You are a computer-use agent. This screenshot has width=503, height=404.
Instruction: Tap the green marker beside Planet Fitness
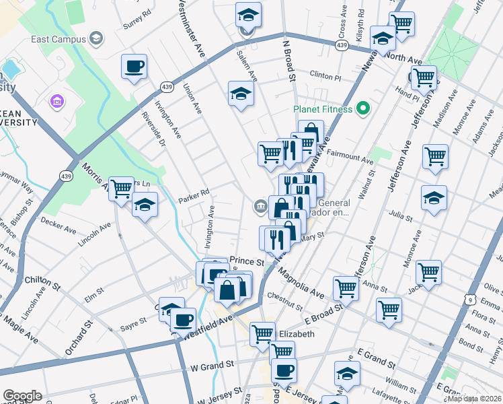pos(364,108)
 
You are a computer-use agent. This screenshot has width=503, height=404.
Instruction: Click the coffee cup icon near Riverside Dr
pos(134,67)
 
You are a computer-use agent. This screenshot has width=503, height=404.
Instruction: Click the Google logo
pos(22,396)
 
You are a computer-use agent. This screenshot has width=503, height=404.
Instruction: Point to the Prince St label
pos(247,261)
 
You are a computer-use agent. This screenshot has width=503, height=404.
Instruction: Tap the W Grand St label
pos(212,364)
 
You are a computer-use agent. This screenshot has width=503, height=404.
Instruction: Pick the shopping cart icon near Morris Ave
pos(121,189)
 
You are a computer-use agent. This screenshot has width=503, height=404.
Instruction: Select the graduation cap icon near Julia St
pos(434,199)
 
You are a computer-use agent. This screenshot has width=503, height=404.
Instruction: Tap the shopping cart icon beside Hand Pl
pos(424,77)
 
